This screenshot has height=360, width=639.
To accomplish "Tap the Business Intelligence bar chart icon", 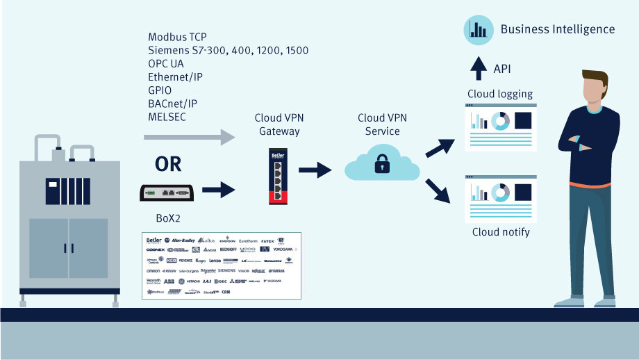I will (478, 29).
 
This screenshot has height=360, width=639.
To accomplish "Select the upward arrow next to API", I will (479, 68).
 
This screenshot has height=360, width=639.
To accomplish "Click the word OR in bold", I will (167, 164).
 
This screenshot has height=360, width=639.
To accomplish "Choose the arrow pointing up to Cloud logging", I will (440, 147).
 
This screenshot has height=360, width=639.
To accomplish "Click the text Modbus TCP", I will (177, 37).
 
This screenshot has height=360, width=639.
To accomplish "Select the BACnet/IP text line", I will (172, 103).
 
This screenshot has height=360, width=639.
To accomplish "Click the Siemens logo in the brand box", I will (226, 270).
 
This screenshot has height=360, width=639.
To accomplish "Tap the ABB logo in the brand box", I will (169, 281).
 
